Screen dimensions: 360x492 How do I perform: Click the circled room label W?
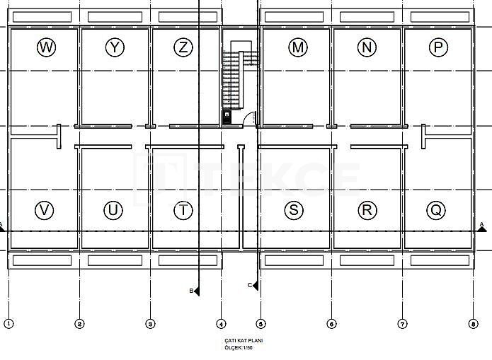(46, 47)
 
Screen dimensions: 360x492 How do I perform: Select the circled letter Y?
(114, 47)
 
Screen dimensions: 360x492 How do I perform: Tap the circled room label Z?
(183, 47)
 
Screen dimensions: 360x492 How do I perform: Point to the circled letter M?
(298, 47)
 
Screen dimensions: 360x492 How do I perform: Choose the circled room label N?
(367, 47)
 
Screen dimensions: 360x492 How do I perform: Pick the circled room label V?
(45, 210)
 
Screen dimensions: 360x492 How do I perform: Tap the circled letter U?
(113, 210)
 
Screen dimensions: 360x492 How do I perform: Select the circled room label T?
(183, 210)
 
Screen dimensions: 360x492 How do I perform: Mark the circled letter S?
(294, 210)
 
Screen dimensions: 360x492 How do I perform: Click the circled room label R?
(366, 210)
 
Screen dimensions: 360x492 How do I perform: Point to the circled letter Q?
(436, 210)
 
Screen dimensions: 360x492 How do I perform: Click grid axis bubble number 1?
(8, 324)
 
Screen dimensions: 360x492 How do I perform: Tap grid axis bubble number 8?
(472, 324)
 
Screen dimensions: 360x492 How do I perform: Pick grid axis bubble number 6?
(331, 324)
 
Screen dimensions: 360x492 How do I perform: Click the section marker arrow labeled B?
(196, 291)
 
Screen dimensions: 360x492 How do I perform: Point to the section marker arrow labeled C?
(254, 285)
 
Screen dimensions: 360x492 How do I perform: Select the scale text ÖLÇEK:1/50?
(238, 347)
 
